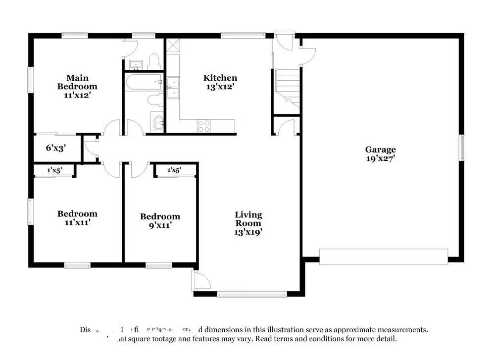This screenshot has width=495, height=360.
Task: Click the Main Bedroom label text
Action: (x=78, y=82)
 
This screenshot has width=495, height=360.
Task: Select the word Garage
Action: (x=380, y=150)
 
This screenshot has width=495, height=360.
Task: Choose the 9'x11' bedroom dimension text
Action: (x=160, y=225)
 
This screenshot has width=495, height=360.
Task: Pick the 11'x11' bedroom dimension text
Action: (x=77, y=222)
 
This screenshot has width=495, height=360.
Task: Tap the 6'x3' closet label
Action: (x=56, y=148)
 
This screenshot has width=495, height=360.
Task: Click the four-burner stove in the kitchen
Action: (x=204, y=126)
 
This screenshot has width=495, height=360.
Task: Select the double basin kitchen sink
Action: (x=173, y=88)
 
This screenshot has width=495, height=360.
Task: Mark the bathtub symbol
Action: (x=144, y=82)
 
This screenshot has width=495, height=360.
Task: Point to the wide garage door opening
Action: (x=383, y=256)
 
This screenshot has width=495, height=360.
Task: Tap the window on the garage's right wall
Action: (x=462, y=148)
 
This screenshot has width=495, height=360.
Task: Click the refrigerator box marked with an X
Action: (x=173, y=46)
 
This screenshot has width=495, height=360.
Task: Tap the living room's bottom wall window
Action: (x=252, y=294)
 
